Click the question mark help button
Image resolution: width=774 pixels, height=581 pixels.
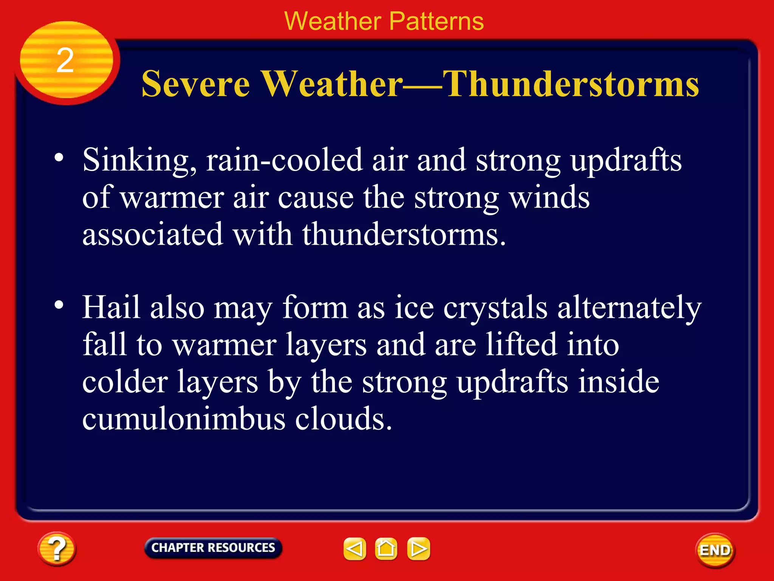tap(57, 549)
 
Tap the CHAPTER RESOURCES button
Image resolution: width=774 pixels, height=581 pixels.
tap(213, 548)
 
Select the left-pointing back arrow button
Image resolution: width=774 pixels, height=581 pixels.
tap(354, 549)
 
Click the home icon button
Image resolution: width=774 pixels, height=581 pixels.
tap(386, 549)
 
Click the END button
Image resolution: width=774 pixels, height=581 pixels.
tap(715, 550)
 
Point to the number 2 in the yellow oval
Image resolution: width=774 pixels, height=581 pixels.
tap(65, 61)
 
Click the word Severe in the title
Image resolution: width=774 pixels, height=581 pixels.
tap(195, 84)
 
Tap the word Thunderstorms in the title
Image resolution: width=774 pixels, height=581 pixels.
tap(571, 84)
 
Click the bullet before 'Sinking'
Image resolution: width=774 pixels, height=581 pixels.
tap(59, 157)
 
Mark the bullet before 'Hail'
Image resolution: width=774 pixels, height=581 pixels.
tap(59, 305)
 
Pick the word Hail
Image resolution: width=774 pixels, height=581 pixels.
tap(111, 307)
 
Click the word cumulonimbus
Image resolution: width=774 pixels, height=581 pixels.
tap(184, 419)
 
